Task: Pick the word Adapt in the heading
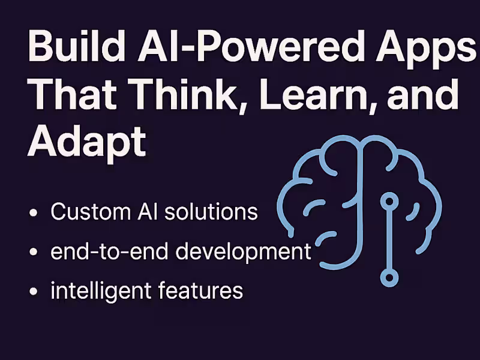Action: pyautogui.click(x=88, y=142)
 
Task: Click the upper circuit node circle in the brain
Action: pyautogui.click(x=390, y=199)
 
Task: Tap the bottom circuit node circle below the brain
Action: pyautogui.click(x=390, y=277)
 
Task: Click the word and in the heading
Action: pyautogui.click(x=423, y=94)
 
